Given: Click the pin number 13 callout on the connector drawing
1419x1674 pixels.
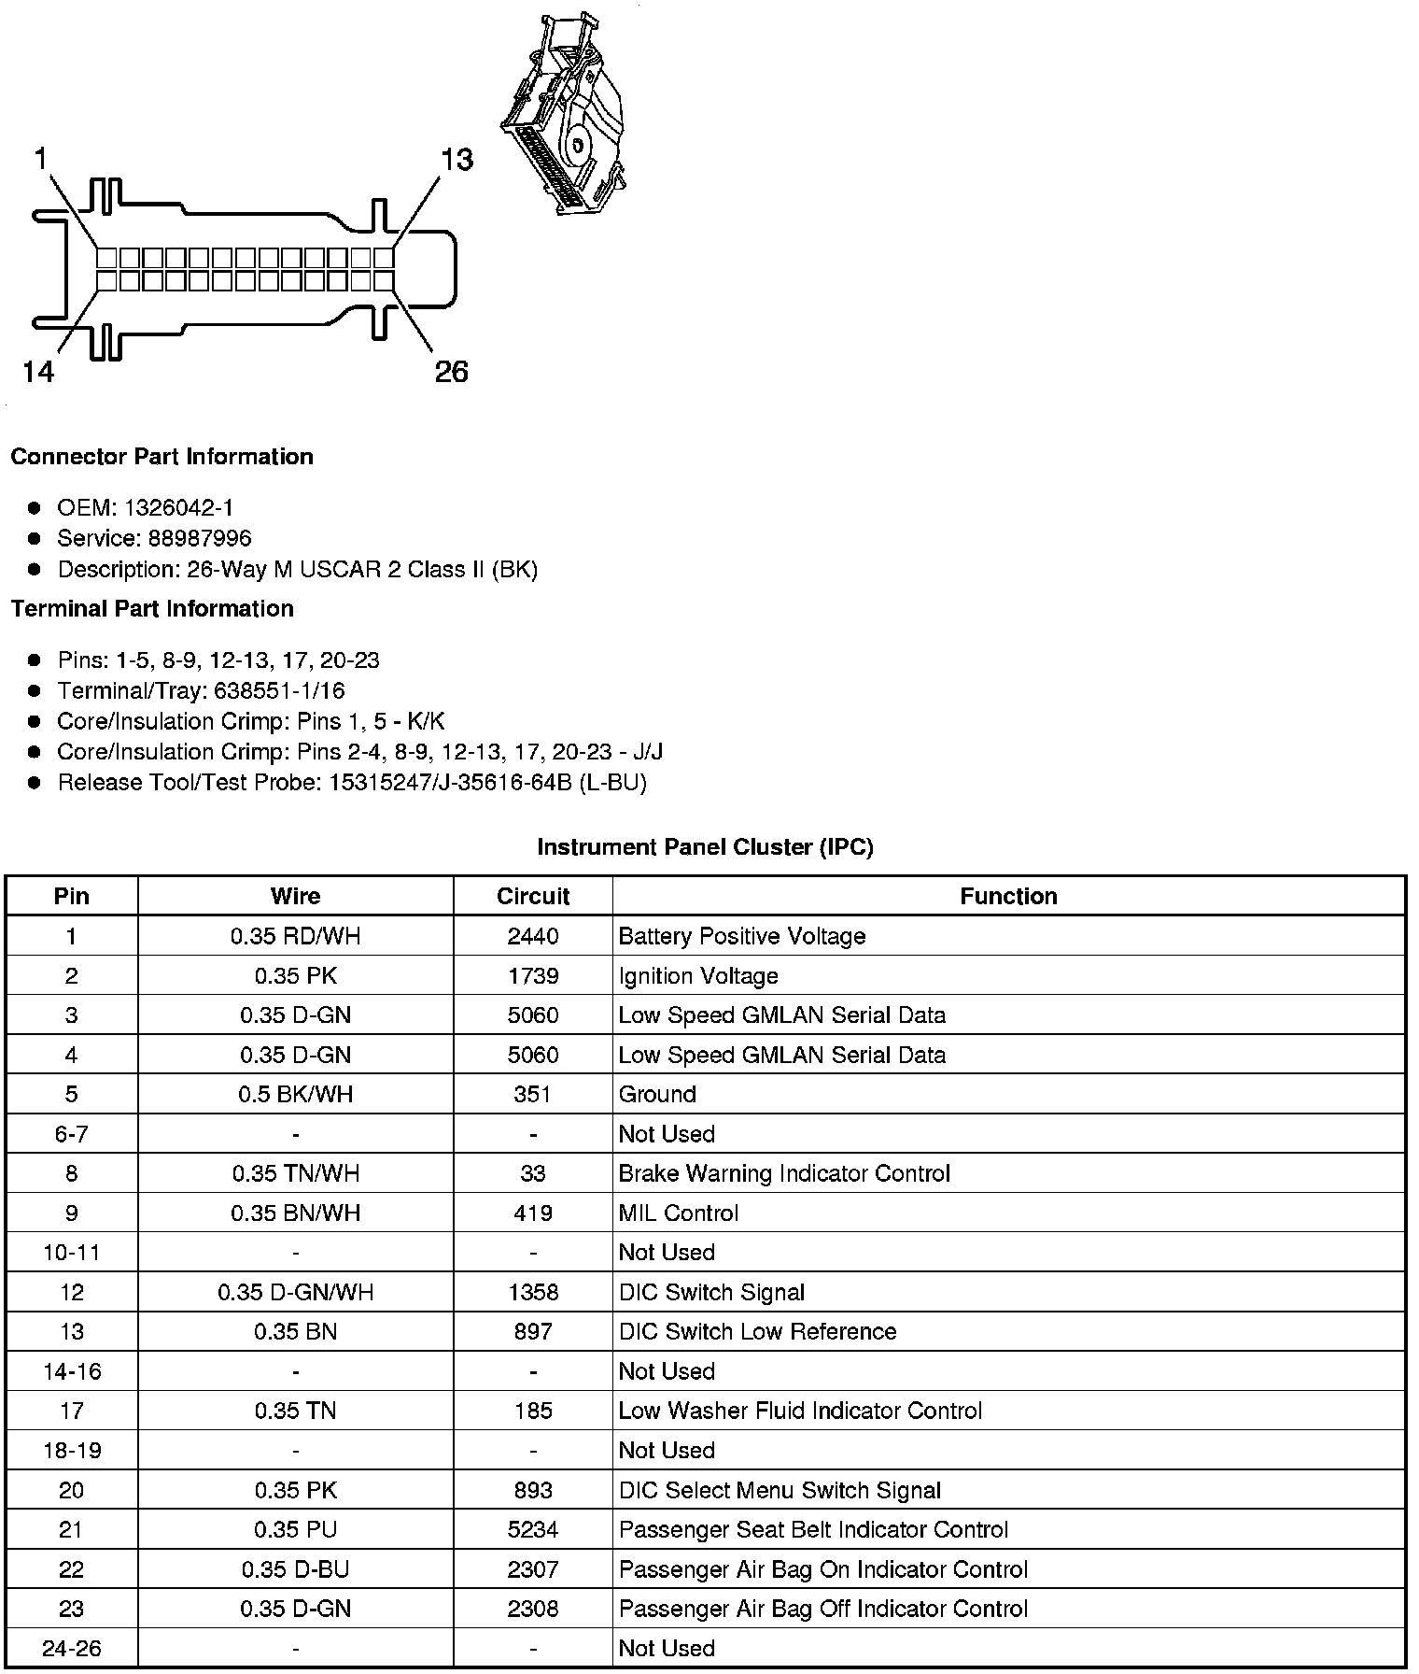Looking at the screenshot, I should coord(457,160).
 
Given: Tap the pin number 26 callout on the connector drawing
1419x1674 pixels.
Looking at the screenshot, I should coord(451,372).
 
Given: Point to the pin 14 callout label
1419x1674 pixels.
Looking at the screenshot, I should coord(38,372).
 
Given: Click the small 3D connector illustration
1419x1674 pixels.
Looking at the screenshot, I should coord(563,115).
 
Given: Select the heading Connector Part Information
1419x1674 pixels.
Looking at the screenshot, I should coord(162,457).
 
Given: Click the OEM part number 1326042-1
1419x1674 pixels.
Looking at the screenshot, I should coord(178,508).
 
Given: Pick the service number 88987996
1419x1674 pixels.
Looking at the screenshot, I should coord(199,539).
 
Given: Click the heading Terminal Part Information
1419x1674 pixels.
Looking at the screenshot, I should coord(152,609).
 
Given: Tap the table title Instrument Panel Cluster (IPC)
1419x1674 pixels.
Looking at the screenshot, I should coord(705,847).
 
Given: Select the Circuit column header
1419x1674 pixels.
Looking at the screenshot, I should coord(533,897).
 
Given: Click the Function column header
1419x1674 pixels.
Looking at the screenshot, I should coord(1008,897).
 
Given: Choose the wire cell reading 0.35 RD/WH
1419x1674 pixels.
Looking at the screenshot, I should coord(295,936).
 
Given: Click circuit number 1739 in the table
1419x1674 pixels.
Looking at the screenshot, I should coord(533,976).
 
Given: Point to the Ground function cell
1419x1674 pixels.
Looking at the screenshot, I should coord(657,1095).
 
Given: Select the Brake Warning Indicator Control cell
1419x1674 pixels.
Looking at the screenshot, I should coord(784,1173).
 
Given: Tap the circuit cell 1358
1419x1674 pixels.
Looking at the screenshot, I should coord(533,1292).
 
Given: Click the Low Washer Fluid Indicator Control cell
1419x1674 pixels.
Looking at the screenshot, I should coord(800,1411).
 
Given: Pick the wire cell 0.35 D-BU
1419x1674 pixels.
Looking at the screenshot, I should coord(295,1569).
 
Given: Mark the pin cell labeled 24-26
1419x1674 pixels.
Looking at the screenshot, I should coord(71,1649).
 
